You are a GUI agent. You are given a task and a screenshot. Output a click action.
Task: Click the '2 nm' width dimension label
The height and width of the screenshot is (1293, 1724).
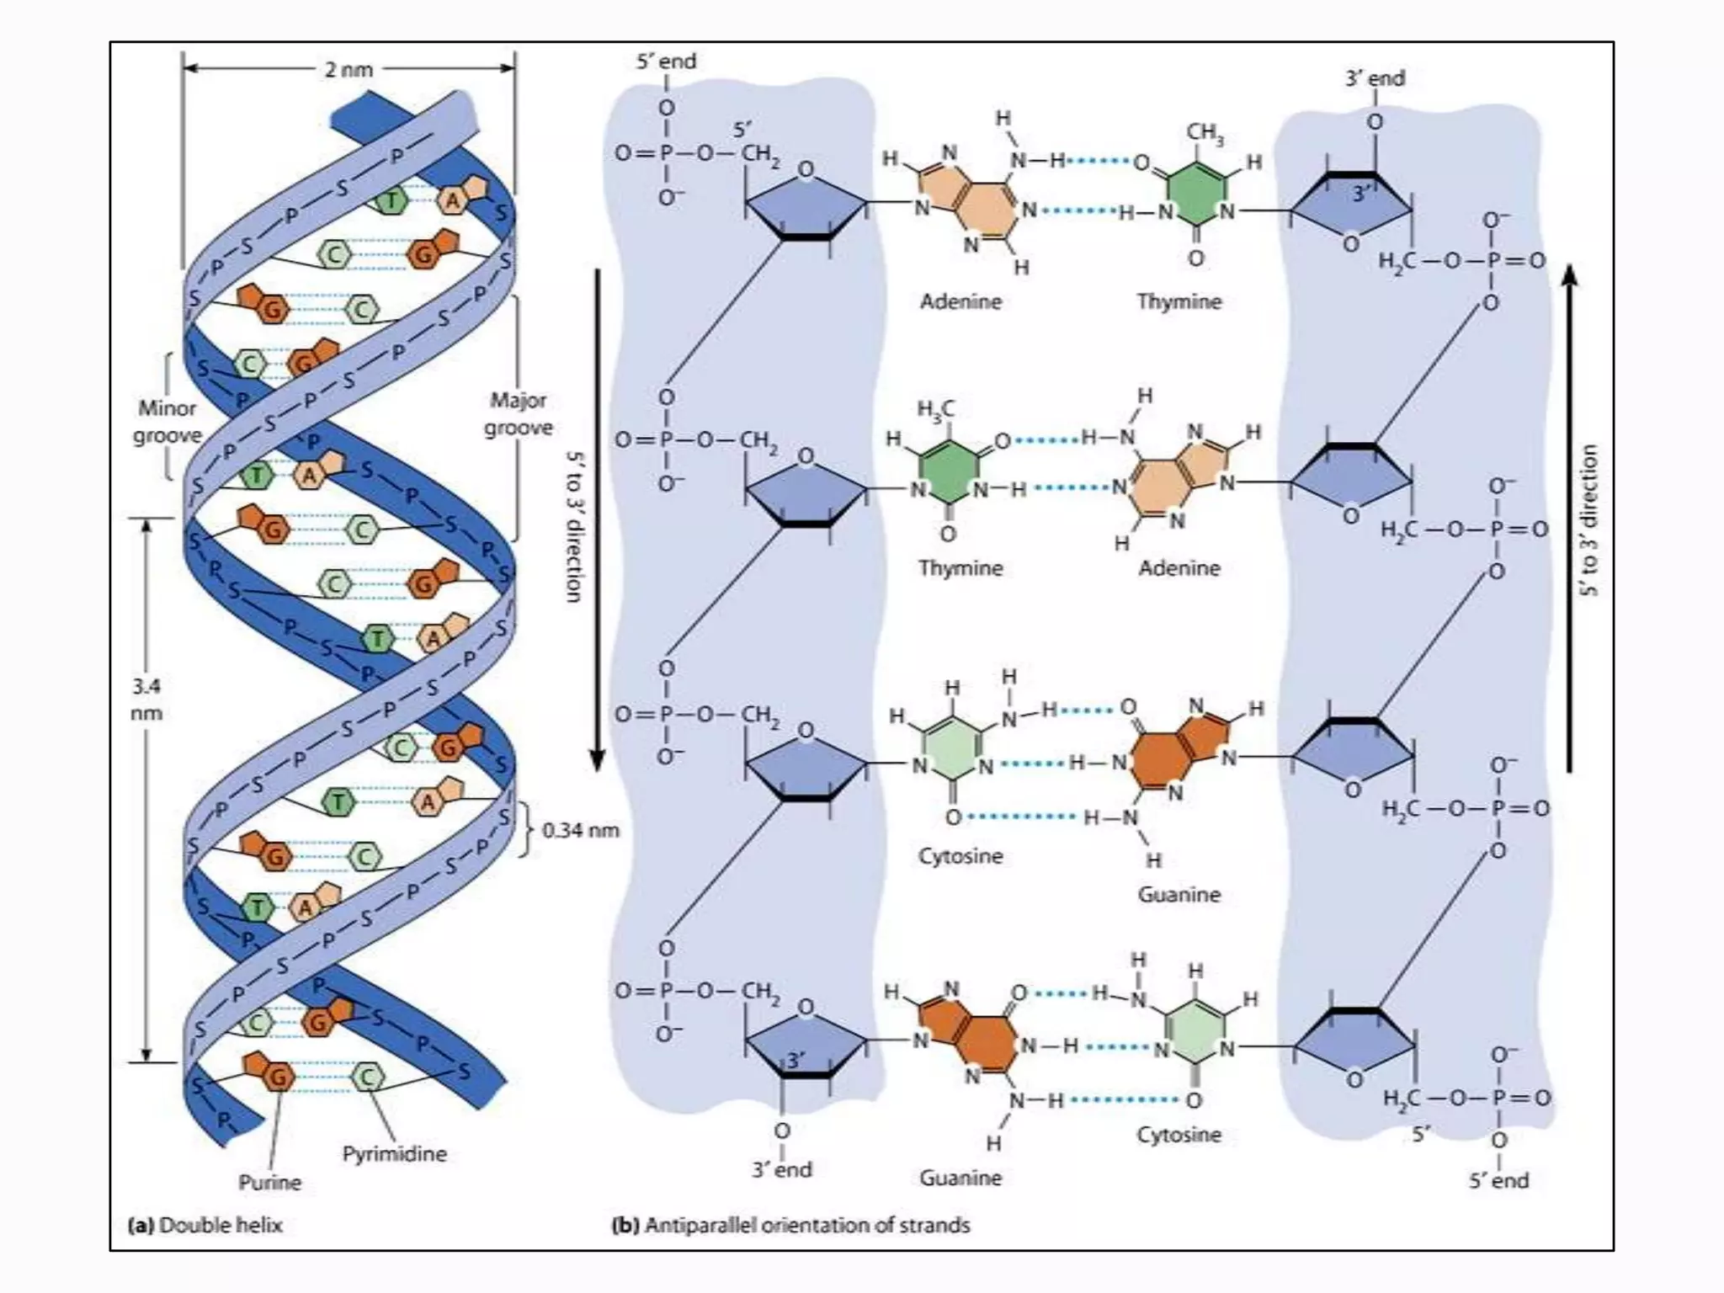tap(349, 70)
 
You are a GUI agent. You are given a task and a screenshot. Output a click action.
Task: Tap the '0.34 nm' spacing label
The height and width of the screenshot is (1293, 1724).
tap(580, 830)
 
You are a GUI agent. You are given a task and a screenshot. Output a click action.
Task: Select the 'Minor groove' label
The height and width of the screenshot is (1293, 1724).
tap(168, 422)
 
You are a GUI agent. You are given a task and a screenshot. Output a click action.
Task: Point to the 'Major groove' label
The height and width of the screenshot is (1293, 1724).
tap(518, 413)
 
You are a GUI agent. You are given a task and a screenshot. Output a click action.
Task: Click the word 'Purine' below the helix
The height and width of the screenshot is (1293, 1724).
tap(269, 1182)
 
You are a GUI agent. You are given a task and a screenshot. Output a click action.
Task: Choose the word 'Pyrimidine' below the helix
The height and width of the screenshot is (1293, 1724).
tap(394, 1153)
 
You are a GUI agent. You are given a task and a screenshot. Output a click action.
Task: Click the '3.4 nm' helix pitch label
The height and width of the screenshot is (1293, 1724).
tap(146, 700)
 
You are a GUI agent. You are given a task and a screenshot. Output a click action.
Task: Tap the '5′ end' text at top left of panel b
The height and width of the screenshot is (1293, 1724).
tap(666, 61)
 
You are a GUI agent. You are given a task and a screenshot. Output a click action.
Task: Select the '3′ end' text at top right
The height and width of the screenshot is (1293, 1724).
tap(1375, 78)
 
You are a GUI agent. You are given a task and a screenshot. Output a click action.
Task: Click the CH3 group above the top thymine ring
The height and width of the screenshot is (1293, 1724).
tap(1205, 133)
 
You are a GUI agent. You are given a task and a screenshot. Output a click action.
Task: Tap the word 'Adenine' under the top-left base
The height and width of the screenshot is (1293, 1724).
tap(960, 301)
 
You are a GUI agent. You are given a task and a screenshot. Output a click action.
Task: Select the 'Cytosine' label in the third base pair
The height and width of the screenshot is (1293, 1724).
tap(960, 856)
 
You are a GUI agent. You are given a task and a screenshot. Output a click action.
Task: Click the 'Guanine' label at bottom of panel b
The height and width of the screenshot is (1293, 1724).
tap(960, 1177)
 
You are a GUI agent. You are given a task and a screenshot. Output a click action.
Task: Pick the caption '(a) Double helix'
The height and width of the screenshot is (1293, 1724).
tap(205, 1225)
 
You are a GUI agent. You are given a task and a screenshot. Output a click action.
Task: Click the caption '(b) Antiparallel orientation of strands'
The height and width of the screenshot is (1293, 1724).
tap(790, 1225)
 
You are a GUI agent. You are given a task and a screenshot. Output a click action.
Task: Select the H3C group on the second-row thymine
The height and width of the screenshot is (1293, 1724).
tap(935, 410)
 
